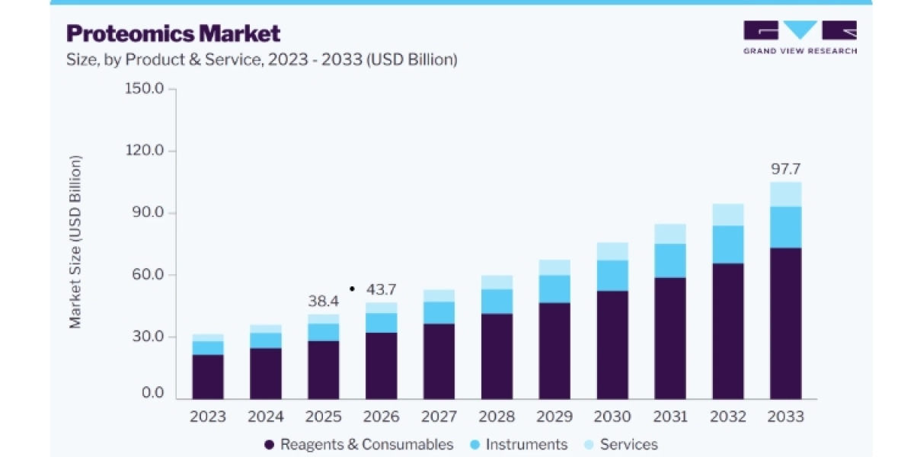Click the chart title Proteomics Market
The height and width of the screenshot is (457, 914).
[174, 34]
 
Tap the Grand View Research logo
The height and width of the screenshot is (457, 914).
[801, 37]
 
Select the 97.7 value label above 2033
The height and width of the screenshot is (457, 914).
[785, 169]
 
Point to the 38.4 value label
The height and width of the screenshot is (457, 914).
[323, 301]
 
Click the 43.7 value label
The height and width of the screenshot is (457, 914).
[381, 289]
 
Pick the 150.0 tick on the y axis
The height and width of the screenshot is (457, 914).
[144, 88]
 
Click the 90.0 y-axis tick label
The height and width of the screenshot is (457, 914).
[148, 213]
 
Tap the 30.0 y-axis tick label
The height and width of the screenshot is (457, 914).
[148, 337]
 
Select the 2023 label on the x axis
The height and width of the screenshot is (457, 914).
[208, 417]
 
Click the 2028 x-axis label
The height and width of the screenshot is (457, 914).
[497, 417]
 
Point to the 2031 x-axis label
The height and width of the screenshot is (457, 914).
[670, 417]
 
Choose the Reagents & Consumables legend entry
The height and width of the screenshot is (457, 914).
[359, 444]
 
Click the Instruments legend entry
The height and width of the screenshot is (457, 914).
[519, 444]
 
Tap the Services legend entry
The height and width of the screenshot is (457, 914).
[621, 444]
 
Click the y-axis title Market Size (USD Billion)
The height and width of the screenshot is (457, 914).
[75, 242]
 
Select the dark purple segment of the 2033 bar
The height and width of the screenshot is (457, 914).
[785, 323]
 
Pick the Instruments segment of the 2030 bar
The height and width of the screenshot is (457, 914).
[612, 276]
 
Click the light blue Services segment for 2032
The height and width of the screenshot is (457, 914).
[728, 215]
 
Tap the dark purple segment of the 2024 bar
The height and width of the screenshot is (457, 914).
[266, 373]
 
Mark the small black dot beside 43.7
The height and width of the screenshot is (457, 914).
[352, 289]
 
